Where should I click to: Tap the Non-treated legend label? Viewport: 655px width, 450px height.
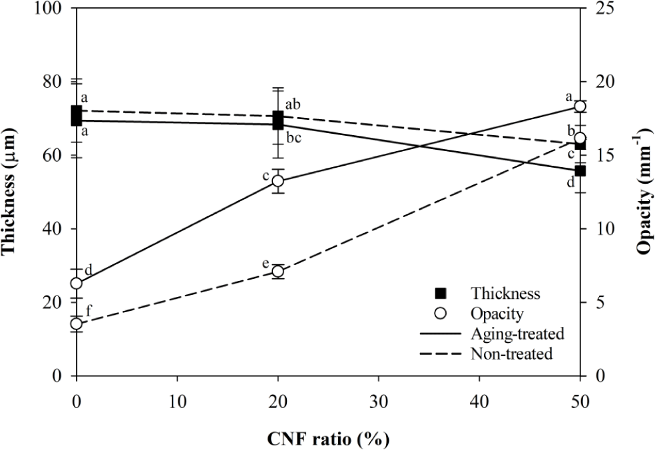coord(511,354)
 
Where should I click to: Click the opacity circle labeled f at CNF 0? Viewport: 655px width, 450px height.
coord(77,324)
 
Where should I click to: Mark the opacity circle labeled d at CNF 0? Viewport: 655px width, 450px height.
coord(77,284)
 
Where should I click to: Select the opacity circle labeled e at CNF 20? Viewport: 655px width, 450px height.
coord(278,272)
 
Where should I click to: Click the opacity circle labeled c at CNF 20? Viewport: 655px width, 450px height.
coord(278,181)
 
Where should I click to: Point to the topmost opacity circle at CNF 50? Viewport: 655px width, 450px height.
coord(580,107)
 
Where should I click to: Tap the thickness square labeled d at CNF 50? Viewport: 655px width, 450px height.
coord(580,170)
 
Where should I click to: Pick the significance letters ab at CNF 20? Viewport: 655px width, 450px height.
coord(293,105)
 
